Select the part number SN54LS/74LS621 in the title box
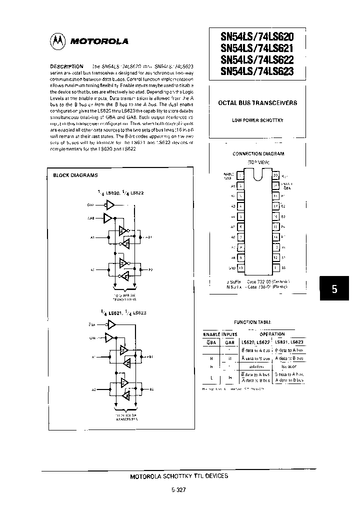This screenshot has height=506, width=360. [x=257, y=48]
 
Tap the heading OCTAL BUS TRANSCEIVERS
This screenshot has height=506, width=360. [x=258, y=103]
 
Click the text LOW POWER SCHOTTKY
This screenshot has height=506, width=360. [x=257, y=120]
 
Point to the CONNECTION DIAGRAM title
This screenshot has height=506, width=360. [x=258, y=154]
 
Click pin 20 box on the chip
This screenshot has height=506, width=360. [x=275, y=175]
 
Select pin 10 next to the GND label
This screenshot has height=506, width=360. [x=241, y=268]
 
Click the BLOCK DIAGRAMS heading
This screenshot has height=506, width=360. [x=75, y=175]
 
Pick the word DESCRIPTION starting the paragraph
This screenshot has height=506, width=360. [x=66, y=66]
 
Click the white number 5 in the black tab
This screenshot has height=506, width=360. [x=334, y=289]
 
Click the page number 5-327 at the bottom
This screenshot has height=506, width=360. [x=178, y=490]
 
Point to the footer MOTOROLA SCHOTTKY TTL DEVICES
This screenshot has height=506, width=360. [x=179, y=476]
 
